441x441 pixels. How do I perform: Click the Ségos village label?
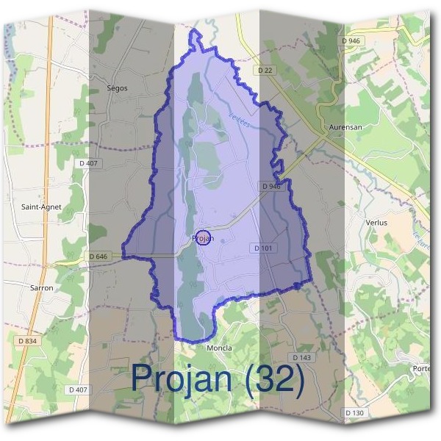pos(117,88)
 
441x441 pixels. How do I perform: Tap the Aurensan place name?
pos(345,127)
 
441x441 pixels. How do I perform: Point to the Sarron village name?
pos(42,288)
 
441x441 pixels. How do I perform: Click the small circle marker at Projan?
pos(205,237)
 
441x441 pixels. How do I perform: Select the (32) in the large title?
pos(275,379)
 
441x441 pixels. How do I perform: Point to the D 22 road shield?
pos(266,70)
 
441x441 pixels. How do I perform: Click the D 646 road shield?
pos(98,257)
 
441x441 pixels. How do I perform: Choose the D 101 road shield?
pos(263,248)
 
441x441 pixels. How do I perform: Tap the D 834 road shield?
pos(26,340)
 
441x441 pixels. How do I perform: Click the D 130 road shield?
pos(354,413)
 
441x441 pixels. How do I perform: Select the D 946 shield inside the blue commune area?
pos(271,187)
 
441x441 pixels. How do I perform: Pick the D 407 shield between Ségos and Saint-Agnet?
pos(93,162)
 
